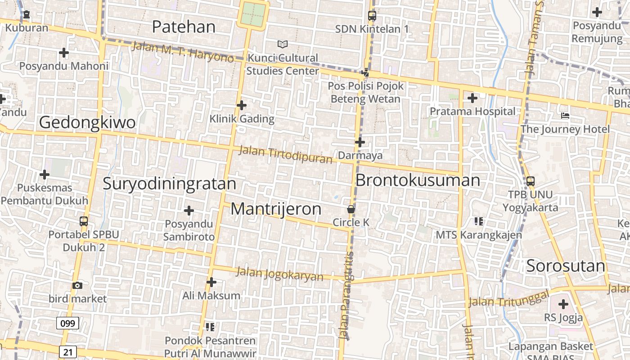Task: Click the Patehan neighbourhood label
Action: pyautogui.click(x=184, y=27)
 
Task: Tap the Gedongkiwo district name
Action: pyautogui.click(x=87, y=122)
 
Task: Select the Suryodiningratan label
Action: pyautogui.click(x=169, y=184)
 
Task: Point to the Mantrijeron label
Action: pyautogui.click(x=276, y=209)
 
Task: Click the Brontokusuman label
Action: pyautogui.click(x=418, y=180)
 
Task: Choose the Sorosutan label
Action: pyautogui.click(x=566, y=266)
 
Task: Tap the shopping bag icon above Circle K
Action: pyautogui.click(x=351, y=209)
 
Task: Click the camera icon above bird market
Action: pyautogui.click(x=77, y=285)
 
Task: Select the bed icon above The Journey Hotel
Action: pyautogui.click(x=565, y=116)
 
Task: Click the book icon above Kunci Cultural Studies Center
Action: pyautogui.click(x=282, y=44)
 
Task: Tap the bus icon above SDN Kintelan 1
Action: pyautogui.click(x=372, y=16)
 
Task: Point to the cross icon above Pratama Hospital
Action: pyautogui.click(x=472, y=98)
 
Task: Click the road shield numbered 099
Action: pyautogui.click(x=68, y=323)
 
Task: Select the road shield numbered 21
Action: pyautogui.click(x=67, y=351)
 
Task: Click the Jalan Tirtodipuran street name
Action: pyautogui.click(x=285, y=154)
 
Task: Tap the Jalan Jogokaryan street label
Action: pyautogui.click(x=279, y=274)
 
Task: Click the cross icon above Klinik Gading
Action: pyautogui.click(x=242, y=105)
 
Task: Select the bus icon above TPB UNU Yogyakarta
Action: pyautogui.click(x=531, y=181)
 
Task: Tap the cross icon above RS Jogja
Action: pyautogui.click(x=563, y=304)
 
